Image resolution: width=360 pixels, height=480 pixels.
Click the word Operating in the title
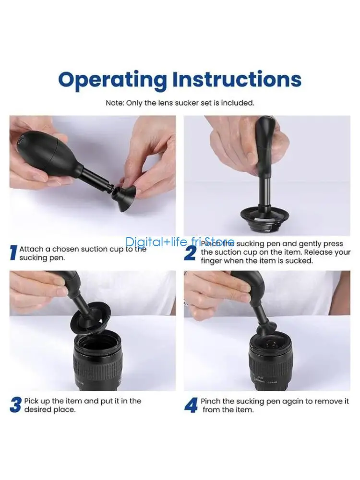point(113,79)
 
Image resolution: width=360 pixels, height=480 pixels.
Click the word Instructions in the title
point(237,79)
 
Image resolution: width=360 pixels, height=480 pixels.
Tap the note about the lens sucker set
point(180,103)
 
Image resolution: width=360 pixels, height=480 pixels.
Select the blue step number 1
point(13,253)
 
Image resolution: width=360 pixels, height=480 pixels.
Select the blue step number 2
point(190,253)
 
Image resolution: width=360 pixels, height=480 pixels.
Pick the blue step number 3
point(15,405)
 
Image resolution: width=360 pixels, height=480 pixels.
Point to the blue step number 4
point(191,405)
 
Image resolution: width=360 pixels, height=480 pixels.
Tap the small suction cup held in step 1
point(123,192)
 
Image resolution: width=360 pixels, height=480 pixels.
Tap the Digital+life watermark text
point(180,242)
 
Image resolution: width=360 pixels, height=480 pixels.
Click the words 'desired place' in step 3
point(50,410)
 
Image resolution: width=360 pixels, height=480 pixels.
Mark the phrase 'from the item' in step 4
point(228,410)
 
